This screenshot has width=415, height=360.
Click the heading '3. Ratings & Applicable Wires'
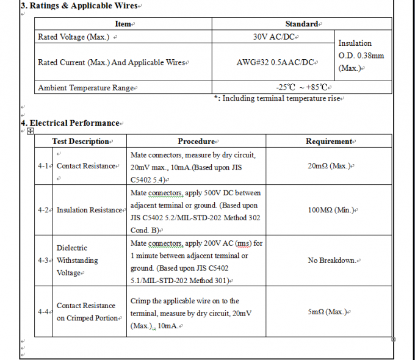click(x=80, y=6)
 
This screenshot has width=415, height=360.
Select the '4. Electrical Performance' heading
click(x=71, y=123)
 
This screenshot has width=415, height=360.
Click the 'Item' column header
click(x=124, y=24)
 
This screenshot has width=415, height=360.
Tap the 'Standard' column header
click(x=302, y=24)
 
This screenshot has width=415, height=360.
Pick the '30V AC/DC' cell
click(x=276, y=37)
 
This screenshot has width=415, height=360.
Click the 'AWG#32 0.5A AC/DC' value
click(x=276, y=62)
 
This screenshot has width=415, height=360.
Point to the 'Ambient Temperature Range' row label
click(x=85, y=88)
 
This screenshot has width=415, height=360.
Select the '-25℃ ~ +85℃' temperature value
click(x=303, y=87)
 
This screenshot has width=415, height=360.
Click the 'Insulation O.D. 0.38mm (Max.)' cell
click(x=361, y=56)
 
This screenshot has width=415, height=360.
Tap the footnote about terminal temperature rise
click(x=279, y=98)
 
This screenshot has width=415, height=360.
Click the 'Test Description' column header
click(x=81, y=142)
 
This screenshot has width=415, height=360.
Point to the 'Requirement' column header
click(x=329, y=142)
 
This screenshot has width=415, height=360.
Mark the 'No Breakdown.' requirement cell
click(x=332, y=261)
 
